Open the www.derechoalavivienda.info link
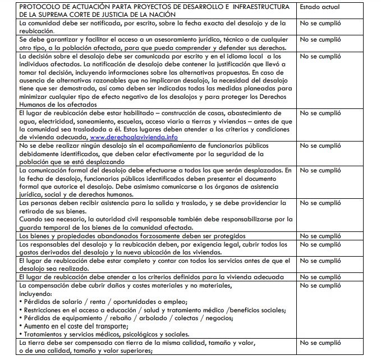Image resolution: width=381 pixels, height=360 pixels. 135,137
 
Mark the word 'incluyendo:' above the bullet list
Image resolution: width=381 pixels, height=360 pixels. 36,293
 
